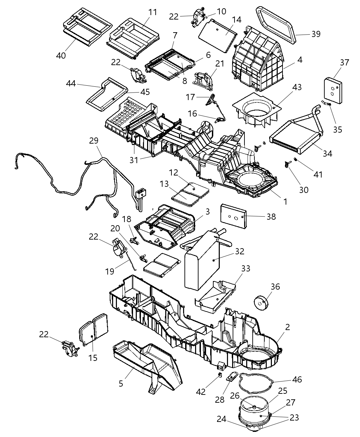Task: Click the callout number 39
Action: tap(315, 34)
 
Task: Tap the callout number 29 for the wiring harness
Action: tap(94, 141)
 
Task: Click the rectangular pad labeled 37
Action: tap(333, 90)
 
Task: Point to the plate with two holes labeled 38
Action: tap(233, 216)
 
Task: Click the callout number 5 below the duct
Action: tap(121, 383)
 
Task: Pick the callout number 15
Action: tap(93, 358)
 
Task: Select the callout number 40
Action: tap(61, 55)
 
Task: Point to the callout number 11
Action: tap(152, 12)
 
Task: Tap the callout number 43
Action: tap(297, 87)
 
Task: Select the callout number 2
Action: tap(287, 327)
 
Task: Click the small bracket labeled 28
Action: tap(231, 378)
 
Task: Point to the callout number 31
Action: tap(134, 159)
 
